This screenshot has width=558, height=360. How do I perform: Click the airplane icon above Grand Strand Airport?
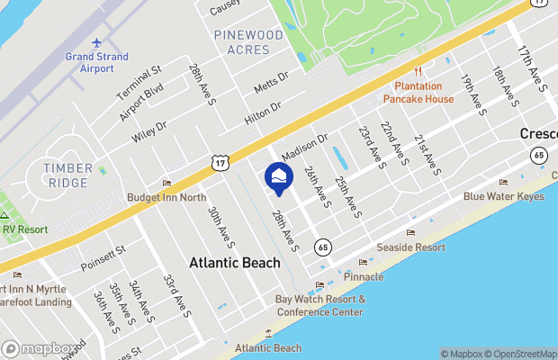(97, 43)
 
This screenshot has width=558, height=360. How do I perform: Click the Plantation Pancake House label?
(418, 93)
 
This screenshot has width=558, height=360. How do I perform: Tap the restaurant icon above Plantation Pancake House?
(418, 73)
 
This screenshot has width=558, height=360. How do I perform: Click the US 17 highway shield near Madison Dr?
(220, 161)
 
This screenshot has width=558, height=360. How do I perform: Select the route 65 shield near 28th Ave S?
(321, 246)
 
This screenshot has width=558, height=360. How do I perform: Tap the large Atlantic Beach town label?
(235, 263)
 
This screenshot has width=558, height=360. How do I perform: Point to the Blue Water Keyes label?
(504, 196)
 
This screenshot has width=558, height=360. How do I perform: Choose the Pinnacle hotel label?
(364, 276)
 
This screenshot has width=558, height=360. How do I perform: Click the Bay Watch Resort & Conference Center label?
(319, 305)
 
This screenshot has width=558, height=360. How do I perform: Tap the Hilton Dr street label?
(262, 112)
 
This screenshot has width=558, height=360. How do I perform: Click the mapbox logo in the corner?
(39, 349)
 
